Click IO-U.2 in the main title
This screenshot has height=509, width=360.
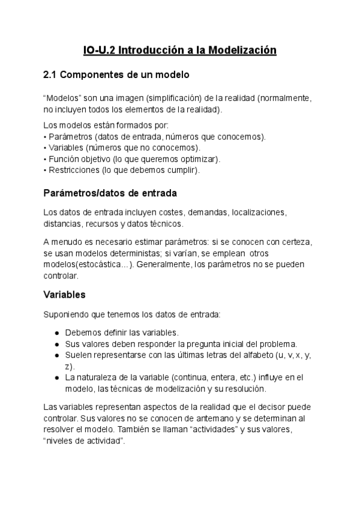click(x=99, y=50)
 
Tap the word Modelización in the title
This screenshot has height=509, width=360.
click(x=242, y=50)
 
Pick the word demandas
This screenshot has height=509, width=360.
click(x=206, y=212)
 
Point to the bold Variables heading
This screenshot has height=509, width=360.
click(x=65, y=295)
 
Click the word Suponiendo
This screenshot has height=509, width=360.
click(x=68, y=314)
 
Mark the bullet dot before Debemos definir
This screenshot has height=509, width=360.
click(x=56, y=333)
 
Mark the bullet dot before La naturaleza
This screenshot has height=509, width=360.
click(x=56, y=378)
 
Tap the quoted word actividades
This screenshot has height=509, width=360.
click(x=228, y=429)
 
